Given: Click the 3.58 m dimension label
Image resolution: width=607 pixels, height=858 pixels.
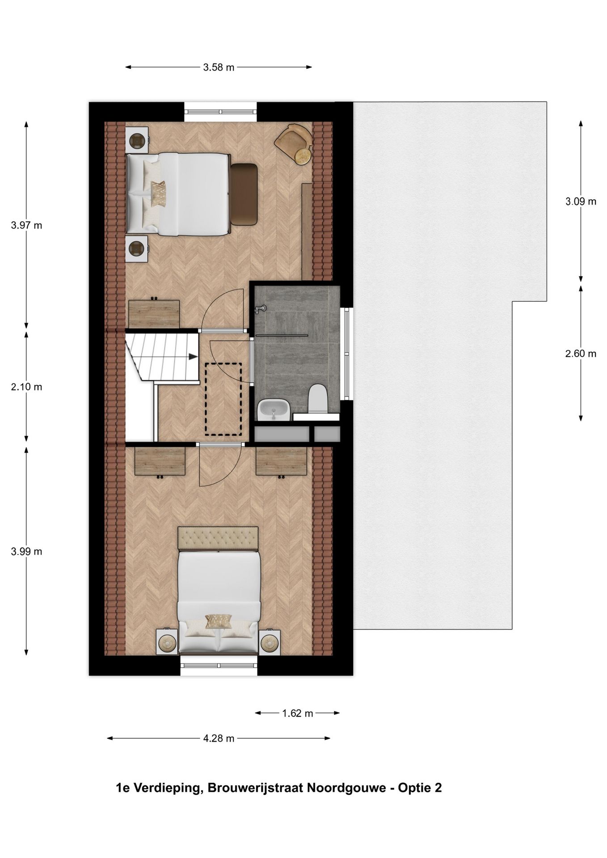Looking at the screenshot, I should point(219,67).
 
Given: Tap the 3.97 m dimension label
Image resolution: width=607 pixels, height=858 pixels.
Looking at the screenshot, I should point(26,225).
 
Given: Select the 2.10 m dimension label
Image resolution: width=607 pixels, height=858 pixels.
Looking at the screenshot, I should point(26,387).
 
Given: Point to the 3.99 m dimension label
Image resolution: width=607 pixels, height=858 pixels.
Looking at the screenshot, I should point(26,551).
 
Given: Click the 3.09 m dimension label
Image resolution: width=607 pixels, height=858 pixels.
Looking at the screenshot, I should point(581,202).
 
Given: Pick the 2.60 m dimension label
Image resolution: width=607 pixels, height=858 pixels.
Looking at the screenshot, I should point(581,354).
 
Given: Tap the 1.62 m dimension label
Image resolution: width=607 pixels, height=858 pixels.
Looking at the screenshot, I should point(297,713).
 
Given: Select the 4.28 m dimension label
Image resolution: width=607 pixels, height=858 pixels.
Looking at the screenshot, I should point(219,738).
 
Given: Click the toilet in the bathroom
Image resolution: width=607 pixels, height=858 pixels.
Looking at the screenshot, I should point(318,398).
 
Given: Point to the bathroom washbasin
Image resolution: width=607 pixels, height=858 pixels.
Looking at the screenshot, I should point(274,409).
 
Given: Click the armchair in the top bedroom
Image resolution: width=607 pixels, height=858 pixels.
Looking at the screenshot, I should point(294,143).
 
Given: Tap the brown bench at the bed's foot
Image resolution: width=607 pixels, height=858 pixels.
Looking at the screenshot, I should point(244,194).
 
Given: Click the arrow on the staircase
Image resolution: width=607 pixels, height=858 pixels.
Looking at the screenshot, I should point(193,356).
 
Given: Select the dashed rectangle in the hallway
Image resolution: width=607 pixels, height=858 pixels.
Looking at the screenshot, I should point(223,399).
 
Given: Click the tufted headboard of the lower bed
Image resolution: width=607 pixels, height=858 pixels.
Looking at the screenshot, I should point(218,538).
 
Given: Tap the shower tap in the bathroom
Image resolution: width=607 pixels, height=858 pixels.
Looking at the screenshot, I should point(261,308).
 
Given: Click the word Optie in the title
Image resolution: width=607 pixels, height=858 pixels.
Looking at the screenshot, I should point(416,787).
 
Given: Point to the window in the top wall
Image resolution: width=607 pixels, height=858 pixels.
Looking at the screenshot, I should point(221,112).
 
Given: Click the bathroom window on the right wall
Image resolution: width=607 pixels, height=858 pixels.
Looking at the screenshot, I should point(346,353).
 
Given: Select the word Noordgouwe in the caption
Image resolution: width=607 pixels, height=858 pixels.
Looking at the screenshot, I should point(346,787).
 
